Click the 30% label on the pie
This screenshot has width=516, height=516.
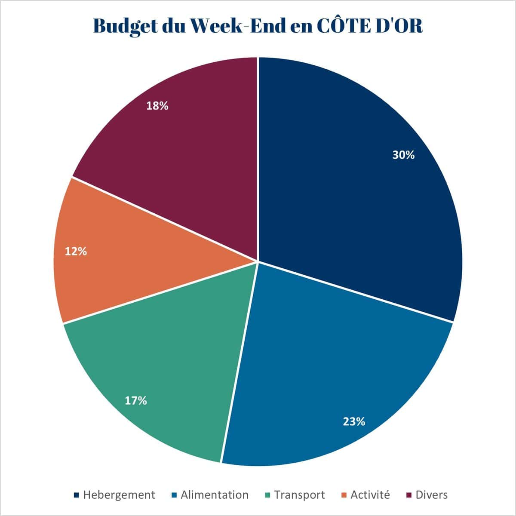pyautogui.click(x=403, y=155)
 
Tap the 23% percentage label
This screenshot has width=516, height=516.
pyautogui.click(x=354, y=421)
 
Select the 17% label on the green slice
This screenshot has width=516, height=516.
pyautogui.click(x=136, y=401)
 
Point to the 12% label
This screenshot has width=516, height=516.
pyautogui.click(x=76, y=252)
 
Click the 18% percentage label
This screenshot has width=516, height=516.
pyautogui.click(x=157, y=106)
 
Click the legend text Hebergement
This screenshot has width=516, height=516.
pyautogui.click(x=119, y=495)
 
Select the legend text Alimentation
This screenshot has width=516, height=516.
pyautogui.click(x=215, y=495)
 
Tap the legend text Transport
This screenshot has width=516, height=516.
pyautogui.click(x=299, y=495)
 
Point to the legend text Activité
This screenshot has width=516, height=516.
pyautogui.click(x=370, y=495)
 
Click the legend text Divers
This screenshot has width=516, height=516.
pyautogui.click(x=431, y=495)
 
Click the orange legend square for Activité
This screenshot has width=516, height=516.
pyautogui.click(x=344, y=495)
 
